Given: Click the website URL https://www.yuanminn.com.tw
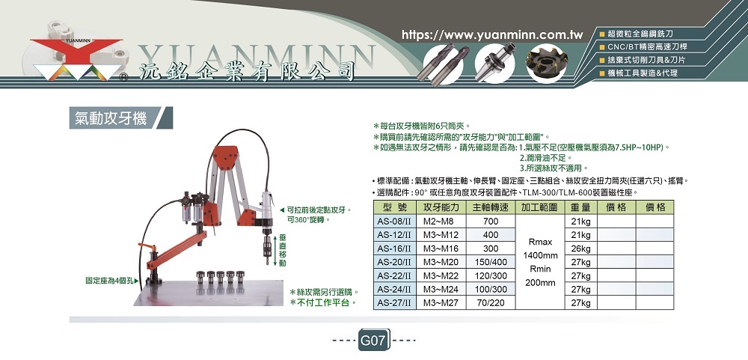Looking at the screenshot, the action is click(493, 35).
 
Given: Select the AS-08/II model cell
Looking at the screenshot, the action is click(394, 221).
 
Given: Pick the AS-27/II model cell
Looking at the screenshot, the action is click(394, 302).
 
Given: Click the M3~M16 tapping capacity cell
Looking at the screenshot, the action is click(441, 248).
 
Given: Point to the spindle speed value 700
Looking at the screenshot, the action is click(491, 221).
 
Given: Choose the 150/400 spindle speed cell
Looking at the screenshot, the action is click(491, 262).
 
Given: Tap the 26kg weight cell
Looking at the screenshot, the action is click(580, 248).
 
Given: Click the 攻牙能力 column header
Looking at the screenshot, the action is click(441, 207).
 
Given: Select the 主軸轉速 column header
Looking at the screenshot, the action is click(491, 207).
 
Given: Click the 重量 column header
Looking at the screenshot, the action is click(580, 207).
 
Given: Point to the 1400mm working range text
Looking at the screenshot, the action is click(540, 256).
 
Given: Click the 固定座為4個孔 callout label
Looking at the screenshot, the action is click(109, 281).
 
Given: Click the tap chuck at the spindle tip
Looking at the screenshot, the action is click(267, 248).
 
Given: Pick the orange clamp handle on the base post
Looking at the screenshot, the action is click(147, 247).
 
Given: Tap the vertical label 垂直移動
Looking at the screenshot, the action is click(283, 250).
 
